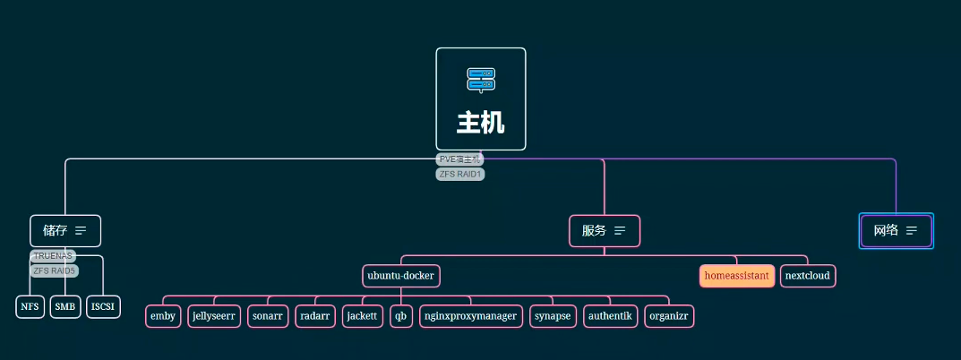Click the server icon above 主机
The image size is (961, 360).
(x=481, y=80)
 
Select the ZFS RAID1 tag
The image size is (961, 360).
(x=460, y=174)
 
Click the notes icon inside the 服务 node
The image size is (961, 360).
(x=620, y=230)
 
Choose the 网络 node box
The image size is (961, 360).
(x=896, y=230)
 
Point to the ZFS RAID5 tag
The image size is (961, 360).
(x=55, y=270)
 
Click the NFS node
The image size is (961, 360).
(x=30, y=306)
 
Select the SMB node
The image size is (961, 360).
(x=65, y=306)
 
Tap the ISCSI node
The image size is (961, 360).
(x=103, y=306)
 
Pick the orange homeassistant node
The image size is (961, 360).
(x=736, y=276)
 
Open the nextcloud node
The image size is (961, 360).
(x=807, y=276)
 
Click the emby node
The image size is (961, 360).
(x=163, y=316)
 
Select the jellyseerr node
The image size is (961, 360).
(x=213, y=316)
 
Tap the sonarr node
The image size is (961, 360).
(x=268, y=316)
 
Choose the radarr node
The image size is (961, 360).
(x=315, y=316)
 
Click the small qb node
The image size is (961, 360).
(x=400, y=316)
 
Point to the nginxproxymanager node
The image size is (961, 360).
(x=471, y=316)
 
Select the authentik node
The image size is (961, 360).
(x=610, y=316)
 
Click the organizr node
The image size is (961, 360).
(x=669, y=316)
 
